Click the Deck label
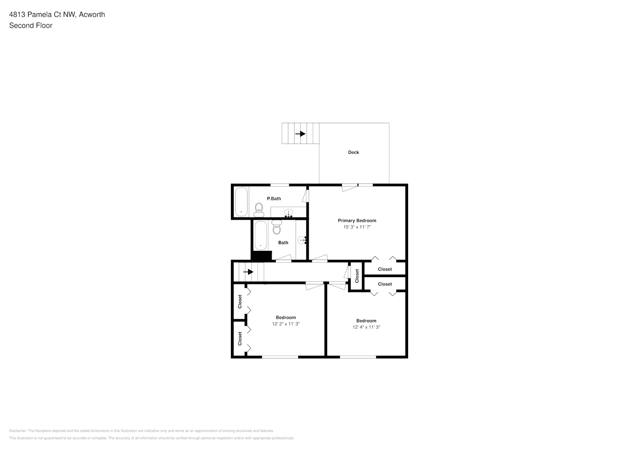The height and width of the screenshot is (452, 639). point(353,152)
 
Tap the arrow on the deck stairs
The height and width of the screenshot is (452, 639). point(301,134)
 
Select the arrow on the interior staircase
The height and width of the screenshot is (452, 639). point(248,272)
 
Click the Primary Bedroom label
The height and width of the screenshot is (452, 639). point(357,221)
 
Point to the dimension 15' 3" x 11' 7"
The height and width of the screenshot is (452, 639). point(357,227)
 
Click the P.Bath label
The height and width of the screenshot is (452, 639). point(274,198)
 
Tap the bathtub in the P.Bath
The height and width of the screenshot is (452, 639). point(241,202)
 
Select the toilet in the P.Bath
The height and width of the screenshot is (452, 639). point(259,208)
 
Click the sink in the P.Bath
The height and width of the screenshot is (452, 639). point(288,212)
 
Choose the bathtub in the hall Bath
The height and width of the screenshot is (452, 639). point(261,235)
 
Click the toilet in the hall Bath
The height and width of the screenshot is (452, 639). point(277,227)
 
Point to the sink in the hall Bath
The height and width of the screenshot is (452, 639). point(301,240)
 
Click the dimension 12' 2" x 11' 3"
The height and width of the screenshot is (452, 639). point(286,324)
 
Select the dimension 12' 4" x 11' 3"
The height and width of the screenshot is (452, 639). point(366,327)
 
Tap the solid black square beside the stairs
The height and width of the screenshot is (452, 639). point(261,256)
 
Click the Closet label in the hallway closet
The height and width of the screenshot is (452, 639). point(357,276)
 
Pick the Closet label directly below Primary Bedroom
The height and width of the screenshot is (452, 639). point(385,269)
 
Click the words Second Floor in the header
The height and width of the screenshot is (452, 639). point(31,25)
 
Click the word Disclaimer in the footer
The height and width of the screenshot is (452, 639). point(18,431)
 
